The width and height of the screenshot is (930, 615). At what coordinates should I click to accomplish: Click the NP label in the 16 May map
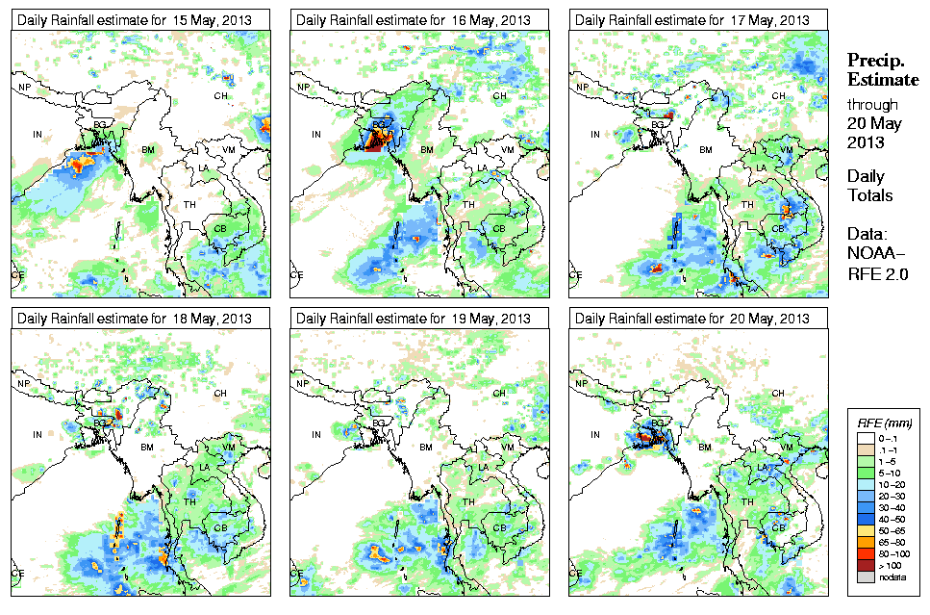click(x=304, y=88)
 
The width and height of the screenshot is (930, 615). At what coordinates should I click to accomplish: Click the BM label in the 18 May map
click(x=147, y=448)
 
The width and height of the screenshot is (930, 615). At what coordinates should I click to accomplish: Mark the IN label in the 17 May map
click(x=594, y=135)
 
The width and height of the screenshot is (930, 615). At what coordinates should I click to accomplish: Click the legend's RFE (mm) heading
click(x=885, y=423)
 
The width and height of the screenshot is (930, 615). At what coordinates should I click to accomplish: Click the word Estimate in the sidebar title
click(x=882, y=79)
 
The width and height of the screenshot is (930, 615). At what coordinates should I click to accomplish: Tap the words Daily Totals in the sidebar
click(x=869, y=186)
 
